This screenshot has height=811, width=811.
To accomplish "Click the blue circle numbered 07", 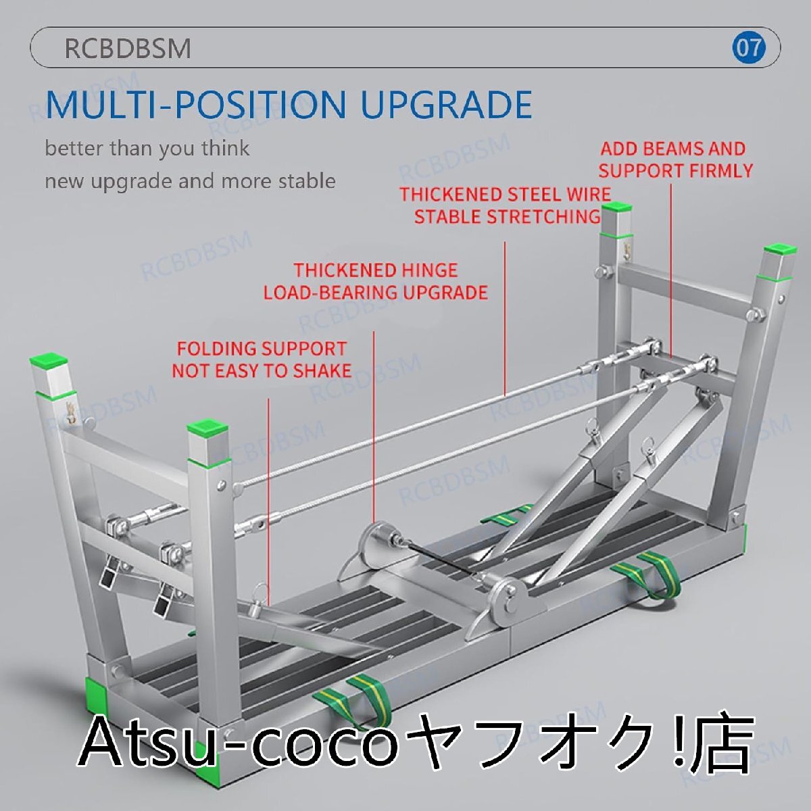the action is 749,48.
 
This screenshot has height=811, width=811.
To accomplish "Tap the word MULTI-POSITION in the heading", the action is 195,105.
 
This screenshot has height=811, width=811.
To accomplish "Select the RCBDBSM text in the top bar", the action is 128,49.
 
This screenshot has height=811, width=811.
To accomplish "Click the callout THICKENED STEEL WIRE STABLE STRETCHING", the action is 506,205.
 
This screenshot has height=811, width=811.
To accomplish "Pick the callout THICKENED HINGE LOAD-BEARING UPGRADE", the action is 376,281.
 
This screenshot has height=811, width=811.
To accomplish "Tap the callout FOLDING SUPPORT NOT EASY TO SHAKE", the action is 262,360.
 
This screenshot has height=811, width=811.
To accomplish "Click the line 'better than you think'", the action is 147,148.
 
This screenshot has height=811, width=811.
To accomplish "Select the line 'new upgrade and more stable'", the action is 190,181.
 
